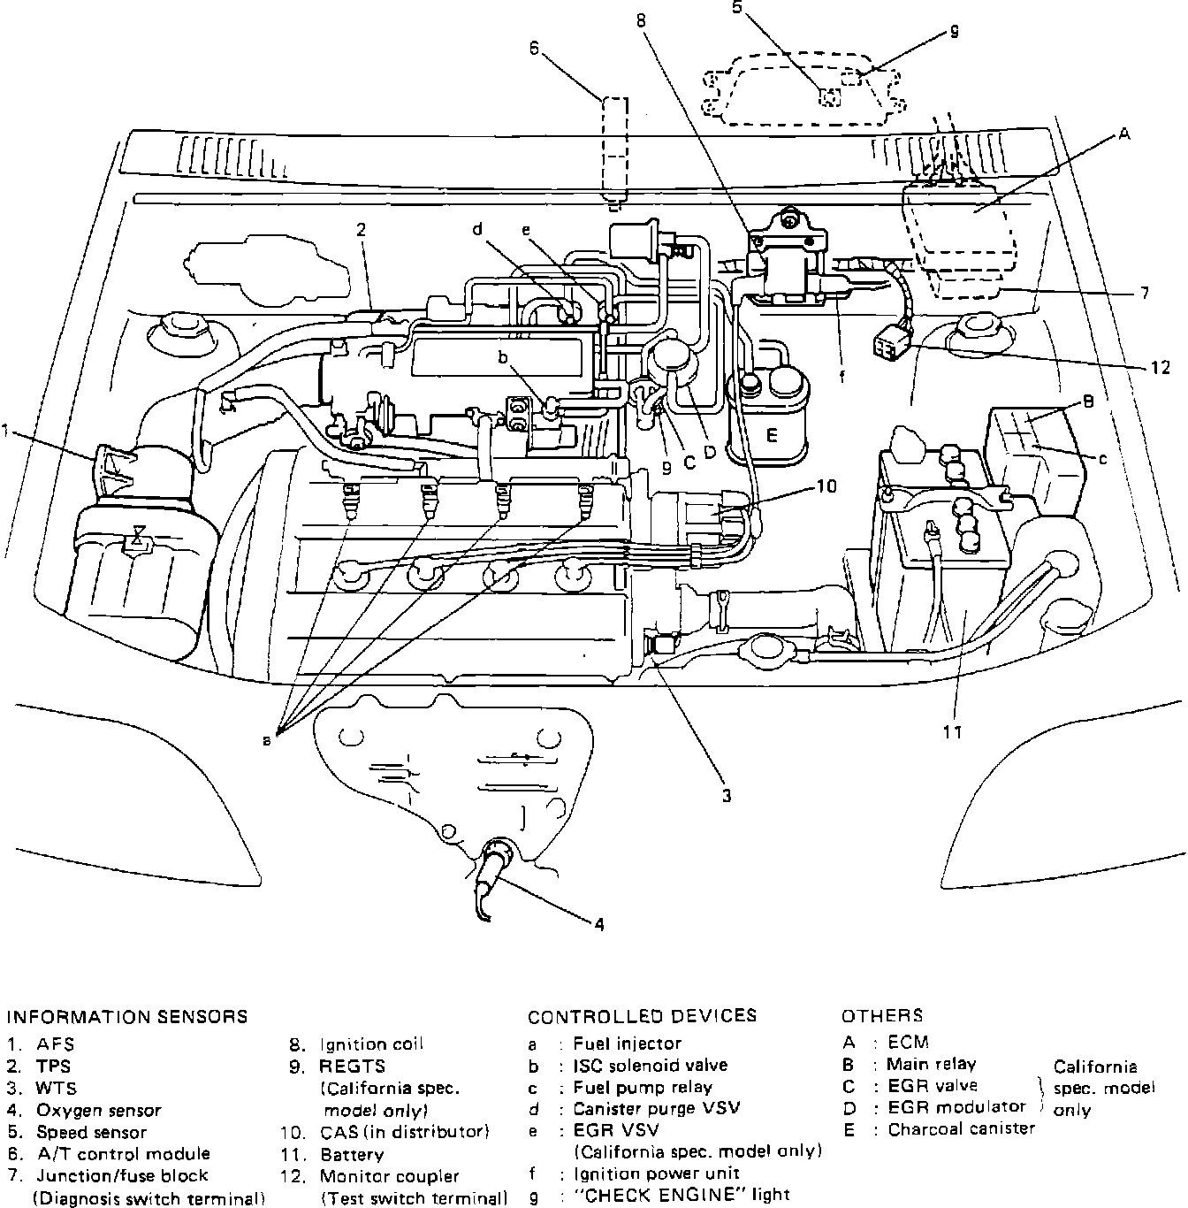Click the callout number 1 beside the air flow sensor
(x=6, y=431)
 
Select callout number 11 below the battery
(x=952, y=731)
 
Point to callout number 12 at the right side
(x=1160, y=368)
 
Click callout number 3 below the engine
(x=726, y=796)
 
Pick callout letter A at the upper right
(x=1123, y=134)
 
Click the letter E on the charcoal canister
(x=772, y=435)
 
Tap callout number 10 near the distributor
(x=826, y=485)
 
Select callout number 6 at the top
(x=534, y=49)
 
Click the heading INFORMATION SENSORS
(x=127, y=1016)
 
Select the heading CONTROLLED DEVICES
(x=642, y=1015)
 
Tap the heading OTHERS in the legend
(x=882, y=1015)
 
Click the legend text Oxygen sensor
(x=99, y=1110)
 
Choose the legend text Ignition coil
(x=371, y=1044)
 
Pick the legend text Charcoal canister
(x=961, y=1128)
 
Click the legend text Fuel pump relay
(x=643, y=1087)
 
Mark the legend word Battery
(x=352, y=1154)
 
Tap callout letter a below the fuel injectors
(x=267, y=741)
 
